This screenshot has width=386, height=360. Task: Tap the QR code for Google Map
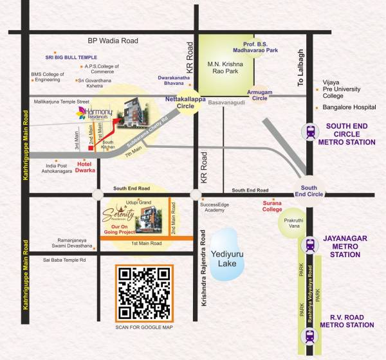click(x=145, y=292)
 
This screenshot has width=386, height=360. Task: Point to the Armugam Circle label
click(x=260, y=95)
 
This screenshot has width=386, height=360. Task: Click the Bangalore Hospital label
click(x=344, y=107)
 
